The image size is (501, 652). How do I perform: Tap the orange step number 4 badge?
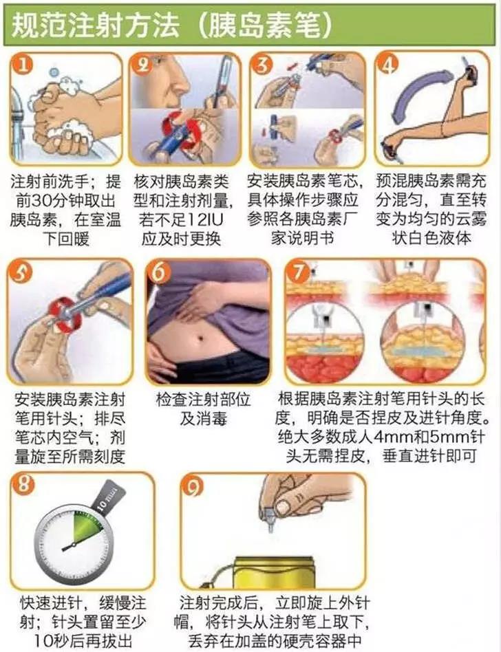[388, 64]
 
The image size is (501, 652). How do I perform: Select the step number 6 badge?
[160, 272]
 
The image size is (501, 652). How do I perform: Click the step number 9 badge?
[193, 486]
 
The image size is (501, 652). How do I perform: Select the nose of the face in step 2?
[180, 83]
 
